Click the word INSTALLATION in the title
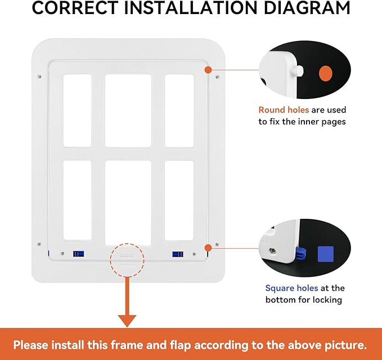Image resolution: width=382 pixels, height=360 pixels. click(191, 8)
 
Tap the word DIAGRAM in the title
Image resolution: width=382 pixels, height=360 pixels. click(307, 8)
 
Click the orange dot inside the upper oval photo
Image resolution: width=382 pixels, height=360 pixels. click(326, 73)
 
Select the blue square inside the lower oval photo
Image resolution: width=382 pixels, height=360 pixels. click(326, 254)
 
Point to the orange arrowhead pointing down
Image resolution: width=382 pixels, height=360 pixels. click(127, 321)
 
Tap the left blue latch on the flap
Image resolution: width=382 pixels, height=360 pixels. click(78, 254)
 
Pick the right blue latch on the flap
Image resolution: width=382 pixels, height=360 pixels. click(178, 254)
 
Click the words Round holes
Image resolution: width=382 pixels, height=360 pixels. click(284, 110)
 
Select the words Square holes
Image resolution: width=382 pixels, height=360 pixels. click(291, 288)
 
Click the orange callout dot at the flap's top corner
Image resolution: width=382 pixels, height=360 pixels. click(208, 70)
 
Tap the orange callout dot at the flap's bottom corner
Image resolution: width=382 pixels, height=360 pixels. click(208, 248)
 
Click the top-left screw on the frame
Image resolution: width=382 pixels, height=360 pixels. click(39, 76)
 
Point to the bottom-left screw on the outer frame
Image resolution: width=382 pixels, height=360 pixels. click(39, 244)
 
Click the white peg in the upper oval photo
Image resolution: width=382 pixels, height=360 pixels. click(298, 71)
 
